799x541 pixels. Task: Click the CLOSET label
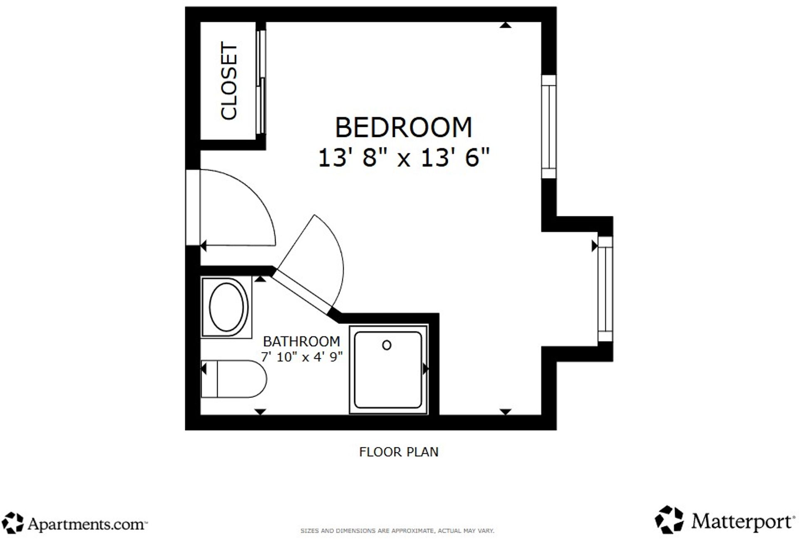coord(229,81)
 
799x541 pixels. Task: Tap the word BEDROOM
coord(404,127)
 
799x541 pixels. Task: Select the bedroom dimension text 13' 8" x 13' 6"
coord(404,158)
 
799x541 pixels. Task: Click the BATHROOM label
coord(301,341)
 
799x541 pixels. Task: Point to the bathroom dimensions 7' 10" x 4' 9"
coord(301,357)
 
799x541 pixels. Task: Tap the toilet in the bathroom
coord(233,379)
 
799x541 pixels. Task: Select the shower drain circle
coord(387,345)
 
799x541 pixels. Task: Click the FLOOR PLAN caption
coord(399,452)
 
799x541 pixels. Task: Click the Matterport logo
coord(724,520)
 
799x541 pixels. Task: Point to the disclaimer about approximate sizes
coord(397,531)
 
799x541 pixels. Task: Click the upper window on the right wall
coord(549,127)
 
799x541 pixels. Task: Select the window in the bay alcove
coord(605,289)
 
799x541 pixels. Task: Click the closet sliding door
coord(261,81)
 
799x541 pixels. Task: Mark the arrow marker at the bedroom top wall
coord(505,25)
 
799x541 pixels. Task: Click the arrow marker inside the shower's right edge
coord(425,369)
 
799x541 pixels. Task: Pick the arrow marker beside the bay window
coord(595,246)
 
